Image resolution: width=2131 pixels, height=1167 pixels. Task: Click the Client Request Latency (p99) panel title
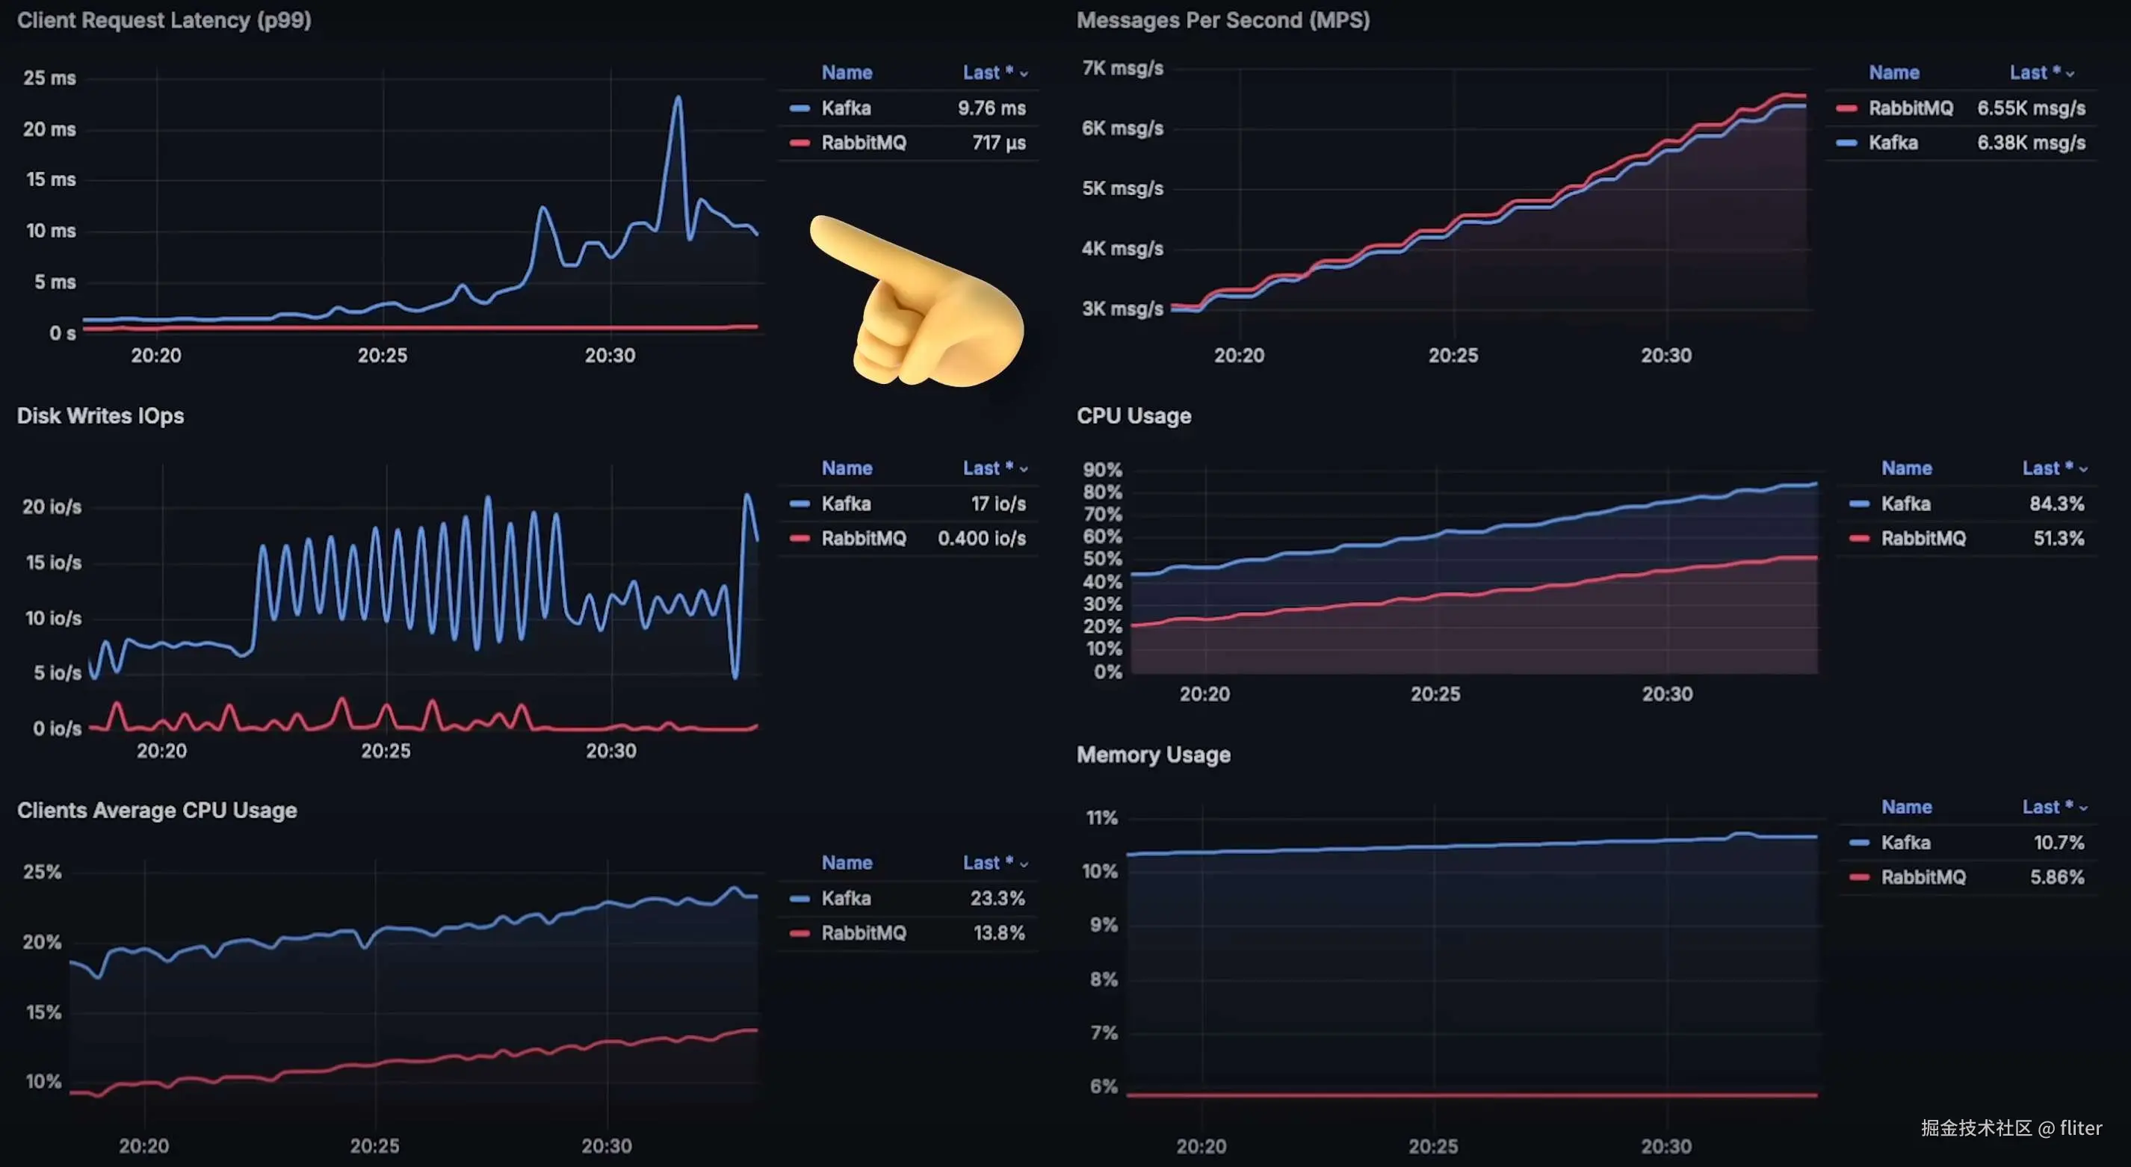164,20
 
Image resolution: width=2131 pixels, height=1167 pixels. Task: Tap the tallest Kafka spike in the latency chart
678,99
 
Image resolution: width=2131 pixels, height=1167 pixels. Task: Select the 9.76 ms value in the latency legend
991,108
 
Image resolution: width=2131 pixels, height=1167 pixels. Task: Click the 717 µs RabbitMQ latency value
998,143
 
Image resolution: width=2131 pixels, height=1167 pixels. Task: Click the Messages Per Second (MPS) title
1222,20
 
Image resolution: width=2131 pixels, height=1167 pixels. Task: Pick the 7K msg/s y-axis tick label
1122,69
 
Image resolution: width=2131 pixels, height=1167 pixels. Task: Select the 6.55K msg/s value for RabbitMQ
2031,108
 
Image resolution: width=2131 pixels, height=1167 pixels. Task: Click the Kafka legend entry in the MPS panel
1893,143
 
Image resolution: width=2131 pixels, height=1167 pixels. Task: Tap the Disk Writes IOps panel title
100,415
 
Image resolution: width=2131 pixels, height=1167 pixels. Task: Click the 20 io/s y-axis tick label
52,507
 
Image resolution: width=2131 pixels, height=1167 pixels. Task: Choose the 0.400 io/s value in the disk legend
981,539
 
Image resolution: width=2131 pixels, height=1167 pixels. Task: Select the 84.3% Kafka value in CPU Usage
2056,504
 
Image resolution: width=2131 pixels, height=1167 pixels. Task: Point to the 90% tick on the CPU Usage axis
1102,470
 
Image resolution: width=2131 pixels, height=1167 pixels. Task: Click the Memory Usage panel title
1153,755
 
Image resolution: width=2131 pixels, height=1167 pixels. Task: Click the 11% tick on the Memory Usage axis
1101,818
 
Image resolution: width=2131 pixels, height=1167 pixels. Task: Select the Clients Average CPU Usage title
156,810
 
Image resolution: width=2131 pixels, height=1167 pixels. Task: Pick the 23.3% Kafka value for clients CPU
997,898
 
